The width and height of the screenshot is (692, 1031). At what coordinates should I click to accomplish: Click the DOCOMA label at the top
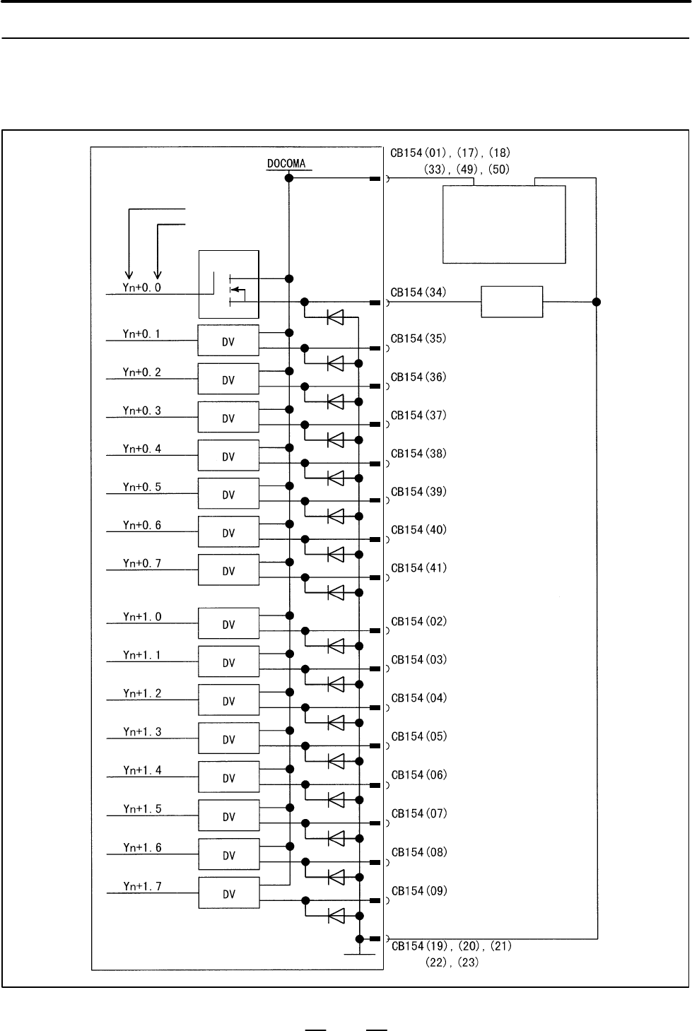pos(286,163)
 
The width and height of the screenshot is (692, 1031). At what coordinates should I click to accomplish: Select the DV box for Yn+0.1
pos(228,340)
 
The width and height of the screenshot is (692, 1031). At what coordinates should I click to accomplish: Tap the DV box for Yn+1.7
pos(229,892)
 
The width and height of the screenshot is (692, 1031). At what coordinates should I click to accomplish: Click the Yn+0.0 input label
pos(142,287)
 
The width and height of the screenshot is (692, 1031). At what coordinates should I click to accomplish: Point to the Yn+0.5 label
pos(142,487)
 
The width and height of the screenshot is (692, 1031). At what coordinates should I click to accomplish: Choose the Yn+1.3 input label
pos(142,731)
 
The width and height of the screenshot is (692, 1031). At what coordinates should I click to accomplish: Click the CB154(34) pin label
pos(418,293)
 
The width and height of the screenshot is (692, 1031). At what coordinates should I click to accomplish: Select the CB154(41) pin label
pos(419,568)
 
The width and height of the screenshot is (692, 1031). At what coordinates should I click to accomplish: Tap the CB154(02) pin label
pos(419,621)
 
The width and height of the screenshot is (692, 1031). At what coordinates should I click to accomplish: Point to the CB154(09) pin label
pos(419,890)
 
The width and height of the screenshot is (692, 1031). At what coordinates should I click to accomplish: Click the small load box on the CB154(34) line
pos(512,302)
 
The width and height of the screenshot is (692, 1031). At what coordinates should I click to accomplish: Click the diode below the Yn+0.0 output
pos(335,317)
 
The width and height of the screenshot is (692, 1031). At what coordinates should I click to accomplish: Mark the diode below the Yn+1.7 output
pos(336,916)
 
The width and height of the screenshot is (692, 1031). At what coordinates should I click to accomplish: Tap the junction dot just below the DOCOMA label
pos(289,178)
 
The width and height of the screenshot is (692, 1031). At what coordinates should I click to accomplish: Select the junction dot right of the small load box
pos(597,302)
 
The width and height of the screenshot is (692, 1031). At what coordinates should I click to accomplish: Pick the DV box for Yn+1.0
pos(229,623)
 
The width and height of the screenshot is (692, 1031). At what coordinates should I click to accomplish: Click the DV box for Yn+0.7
pos(229,570)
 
